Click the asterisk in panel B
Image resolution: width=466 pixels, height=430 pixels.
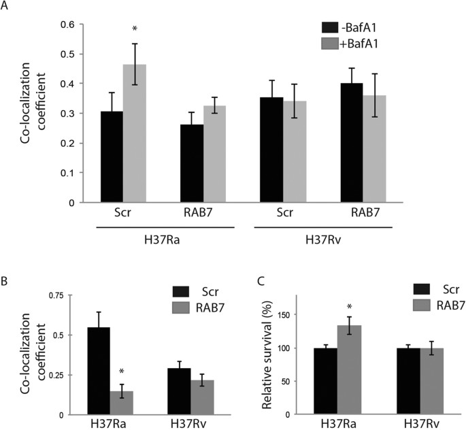click(121, 372)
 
